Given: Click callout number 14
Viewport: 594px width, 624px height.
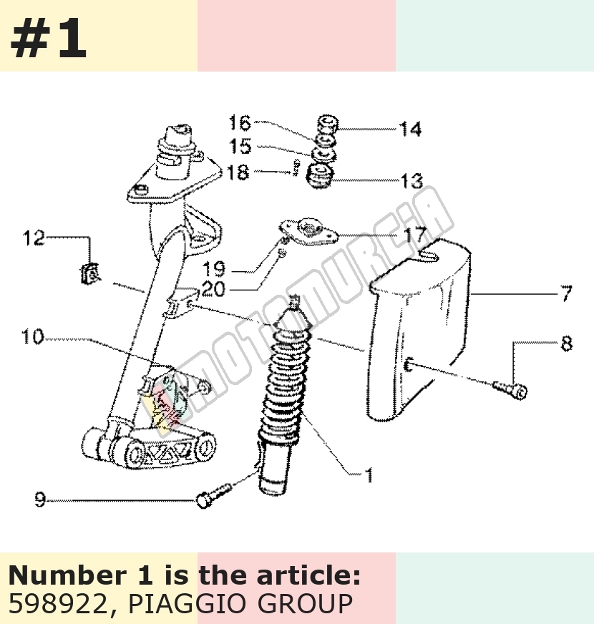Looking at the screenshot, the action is tap(410, 130).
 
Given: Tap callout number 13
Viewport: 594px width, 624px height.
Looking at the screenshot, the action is tap(412, 181).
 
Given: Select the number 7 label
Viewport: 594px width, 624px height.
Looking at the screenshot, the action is tap(566, 293).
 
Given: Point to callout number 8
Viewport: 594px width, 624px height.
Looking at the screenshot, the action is tap(567, 343).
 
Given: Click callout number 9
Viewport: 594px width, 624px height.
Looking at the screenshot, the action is tap(40, 499).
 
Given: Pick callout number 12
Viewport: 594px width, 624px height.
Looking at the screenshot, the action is tap(34, 238).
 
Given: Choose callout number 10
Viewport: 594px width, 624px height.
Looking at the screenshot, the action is tap(32, 336).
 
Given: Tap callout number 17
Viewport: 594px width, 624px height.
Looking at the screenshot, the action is tap(416, 235).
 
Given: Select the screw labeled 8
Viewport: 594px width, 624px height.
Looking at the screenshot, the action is tap(510, 389).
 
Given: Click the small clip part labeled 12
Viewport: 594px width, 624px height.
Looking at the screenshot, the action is tap(89, 274).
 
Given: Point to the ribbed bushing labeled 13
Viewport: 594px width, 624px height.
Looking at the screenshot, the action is tap(321, 176).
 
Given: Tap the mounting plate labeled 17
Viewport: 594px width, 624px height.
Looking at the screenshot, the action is tap(308, 232).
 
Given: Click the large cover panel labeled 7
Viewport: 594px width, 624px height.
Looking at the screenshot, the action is tap(418, 331).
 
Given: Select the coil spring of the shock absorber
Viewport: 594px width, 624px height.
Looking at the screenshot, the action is tap(283, 382).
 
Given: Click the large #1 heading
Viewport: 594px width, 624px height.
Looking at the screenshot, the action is tap(49, 38).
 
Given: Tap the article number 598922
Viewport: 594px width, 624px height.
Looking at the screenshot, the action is tap(57, 604).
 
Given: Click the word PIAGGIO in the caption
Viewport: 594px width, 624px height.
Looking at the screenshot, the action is tap(190, 604).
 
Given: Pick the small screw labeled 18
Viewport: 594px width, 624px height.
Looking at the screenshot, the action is tap(296, 167).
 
